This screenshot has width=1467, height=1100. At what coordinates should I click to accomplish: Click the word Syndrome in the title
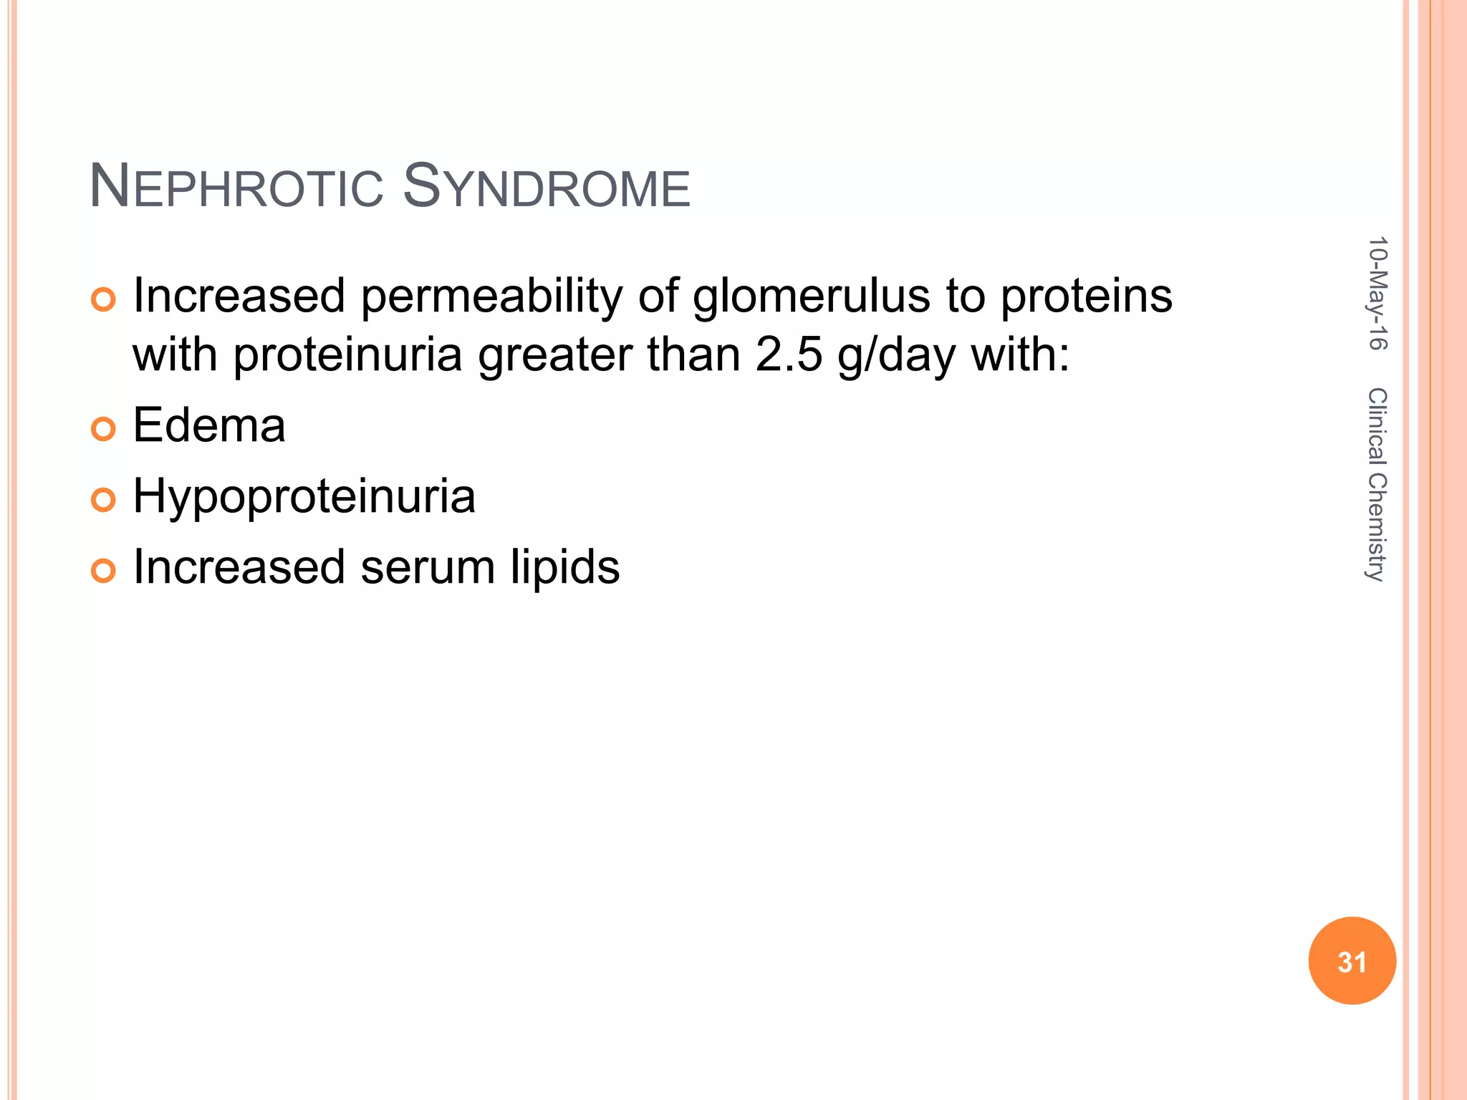coord(546,188)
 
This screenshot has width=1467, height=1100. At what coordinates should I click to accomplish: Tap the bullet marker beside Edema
coord(103,429)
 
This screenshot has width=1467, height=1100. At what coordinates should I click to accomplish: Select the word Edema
coord(209,425)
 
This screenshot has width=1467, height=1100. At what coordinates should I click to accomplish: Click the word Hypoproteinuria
coord(304,496)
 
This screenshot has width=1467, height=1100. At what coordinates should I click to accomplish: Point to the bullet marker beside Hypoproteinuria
coord(103,500)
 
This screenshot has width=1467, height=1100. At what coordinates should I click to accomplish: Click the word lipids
coord(564,568)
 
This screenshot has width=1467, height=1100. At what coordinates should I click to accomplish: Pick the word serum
coord(428,568)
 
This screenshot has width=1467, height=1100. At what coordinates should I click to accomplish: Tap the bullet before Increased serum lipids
coord(103,571)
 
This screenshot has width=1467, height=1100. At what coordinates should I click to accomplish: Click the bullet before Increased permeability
coord(103,299)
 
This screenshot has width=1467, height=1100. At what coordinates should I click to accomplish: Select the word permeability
coord(491,297)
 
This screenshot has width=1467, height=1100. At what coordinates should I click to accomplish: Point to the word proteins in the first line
coord(1086,297)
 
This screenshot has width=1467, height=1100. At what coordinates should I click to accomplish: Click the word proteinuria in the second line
coord(348,356)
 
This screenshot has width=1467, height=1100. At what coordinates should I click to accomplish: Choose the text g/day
coord(896,356)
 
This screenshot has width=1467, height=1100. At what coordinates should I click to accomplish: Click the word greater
coord(556,356)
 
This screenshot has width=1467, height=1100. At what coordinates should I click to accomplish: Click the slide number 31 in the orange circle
coord(1352,962)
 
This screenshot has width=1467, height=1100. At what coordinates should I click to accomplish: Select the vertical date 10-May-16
coord(1377,293)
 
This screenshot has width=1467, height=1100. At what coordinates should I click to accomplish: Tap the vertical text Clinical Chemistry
coord(1377,485)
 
